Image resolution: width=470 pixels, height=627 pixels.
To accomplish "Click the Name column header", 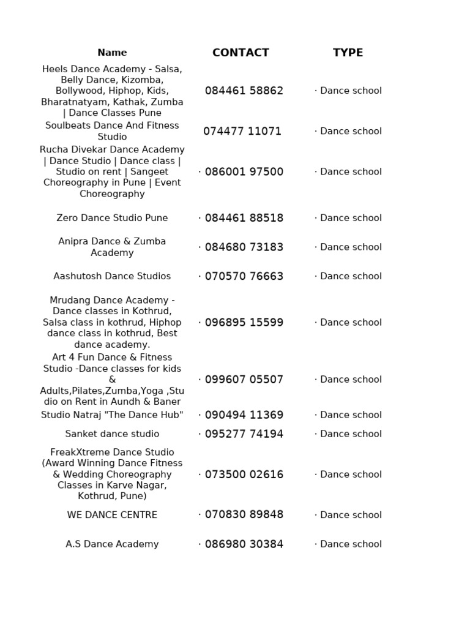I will click(x=112, y=53).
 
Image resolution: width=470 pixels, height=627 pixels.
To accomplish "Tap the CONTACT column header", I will click(x=241, y=53).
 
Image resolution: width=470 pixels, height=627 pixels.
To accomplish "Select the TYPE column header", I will click(x=348, y=53).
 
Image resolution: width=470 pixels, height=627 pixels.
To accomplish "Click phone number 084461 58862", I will click(x=244, y=91).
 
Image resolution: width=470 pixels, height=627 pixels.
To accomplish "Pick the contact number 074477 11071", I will click(x=242, y=131).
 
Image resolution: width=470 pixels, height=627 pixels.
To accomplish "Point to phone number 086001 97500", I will click(x=244, y=171).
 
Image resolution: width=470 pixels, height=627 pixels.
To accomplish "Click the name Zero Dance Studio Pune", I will click(x=112, y=218).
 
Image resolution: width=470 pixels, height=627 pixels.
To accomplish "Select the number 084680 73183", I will click(x=244, y=247).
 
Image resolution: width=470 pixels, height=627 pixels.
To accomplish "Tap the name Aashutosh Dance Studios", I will click(x=112, y=276).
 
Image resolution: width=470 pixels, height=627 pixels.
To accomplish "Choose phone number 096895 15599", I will click(x=244, y=323).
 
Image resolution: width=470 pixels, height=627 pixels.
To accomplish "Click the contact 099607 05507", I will click(x=244, y=380).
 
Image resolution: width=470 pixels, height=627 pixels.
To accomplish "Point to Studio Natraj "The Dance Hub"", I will click(x=112, y=415).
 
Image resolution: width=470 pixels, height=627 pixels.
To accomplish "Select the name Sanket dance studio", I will click(x=112, y=434).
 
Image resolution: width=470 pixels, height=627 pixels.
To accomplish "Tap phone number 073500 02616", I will click(x=244, y=475).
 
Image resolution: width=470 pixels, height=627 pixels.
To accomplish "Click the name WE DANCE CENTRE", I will click(x=112, y=515).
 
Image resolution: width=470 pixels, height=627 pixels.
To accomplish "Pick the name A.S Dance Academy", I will click(x=112, y=544).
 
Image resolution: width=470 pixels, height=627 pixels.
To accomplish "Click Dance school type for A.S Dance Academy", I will click(x=351, y=544).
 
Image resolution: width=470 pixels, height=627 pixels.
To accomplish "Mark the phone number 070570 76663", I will click(x=244, y=276).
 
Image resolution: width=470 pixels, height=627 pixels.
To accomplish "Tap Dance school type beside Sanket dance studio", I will click(x=351, y=434).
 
